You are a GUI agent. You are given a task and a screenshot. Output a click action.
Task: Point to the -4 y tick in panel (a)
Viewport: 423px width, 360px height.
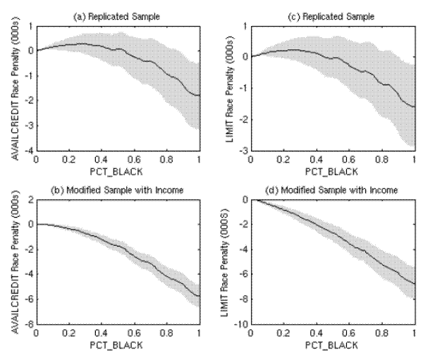[27, 150]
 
